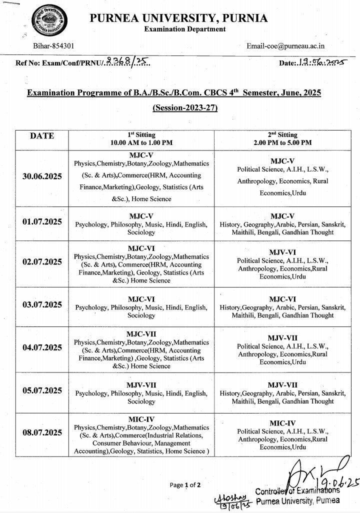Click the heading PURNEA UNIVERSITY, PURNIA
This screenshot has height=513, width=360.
point(178,18)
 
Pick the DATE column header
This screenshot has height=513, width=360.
point(42,135)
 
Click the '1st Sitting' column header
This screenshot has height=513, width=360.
point(141,134)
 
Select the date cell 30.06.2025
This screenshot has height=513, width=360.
point(42,177)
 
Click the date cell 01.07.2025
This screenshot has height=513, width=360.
point(42,220)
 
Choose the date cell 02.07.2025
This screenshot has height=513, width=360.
point(42,262)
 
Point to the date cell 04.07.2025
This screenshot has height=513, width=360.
point(42,347)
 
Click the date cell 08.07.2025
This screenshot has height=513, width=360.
point(42,432)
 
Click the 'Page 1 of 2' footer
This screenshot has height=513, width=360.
point(185,485)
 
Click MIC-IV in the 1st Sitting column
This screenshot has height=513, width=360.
point(141,419)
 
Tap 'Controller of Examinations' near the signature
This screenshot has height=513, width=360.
point(297,491)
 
